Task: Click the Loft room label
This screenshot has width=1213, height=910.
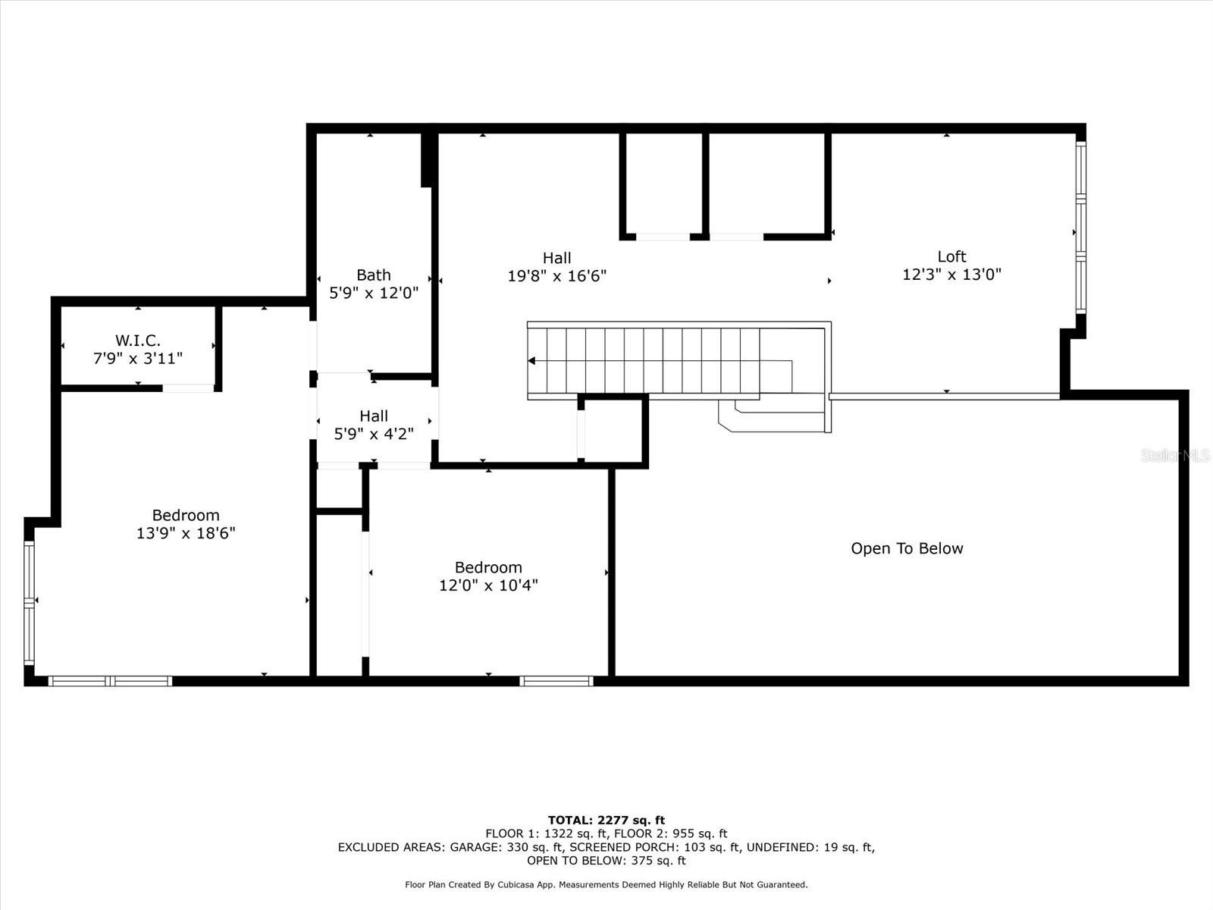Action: tap(951, 256)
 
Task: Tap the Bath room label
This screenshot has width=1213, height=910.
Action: tap(374, 275)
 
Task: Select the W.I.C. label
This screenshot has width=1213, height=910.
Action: tap(138, 340)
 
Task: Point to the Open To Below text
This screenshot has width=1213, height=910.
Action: tap(907, 548)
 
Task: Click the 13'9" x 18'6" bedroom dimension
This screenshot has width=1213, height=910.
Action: tap(186, 533)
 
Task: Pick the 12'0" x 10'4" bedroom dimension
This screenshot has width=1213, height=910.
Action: tap(488, 585)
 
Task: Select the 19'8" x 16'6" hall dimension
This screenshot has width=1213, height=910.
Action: tap(557, 276)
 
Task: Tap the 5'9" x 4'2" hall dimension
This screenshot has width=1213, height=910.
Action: tap(374, 434)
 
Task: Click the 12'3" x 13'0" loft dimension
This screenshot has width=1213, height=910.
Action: tap(951, 274)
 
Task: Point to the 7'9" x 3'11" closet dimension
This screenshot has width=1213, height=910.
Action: tap(138, 359)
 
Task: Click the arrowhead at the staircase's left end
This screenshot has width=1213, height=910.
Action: tap(531, 361)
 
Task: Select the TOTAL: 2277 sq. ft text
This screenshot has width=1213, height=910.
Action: tap(606, 820)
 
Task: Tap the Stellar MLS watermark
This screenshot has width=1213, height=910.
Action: tap(1175, 455)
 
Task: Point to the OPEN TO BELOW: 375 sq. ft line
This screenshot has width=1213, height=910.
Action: tap(606, 860)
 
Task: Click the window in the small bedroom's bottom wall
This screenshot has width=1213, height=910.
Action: tap(556, 681)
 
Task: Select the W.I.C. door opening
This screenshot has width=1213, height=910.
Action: tap(188, 388)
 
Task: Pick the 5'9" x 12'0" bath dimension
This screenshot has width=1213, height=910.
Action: tap(374, 293)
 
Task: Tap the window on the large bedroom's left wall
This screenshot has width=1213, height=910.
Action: tap(30, 603)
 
